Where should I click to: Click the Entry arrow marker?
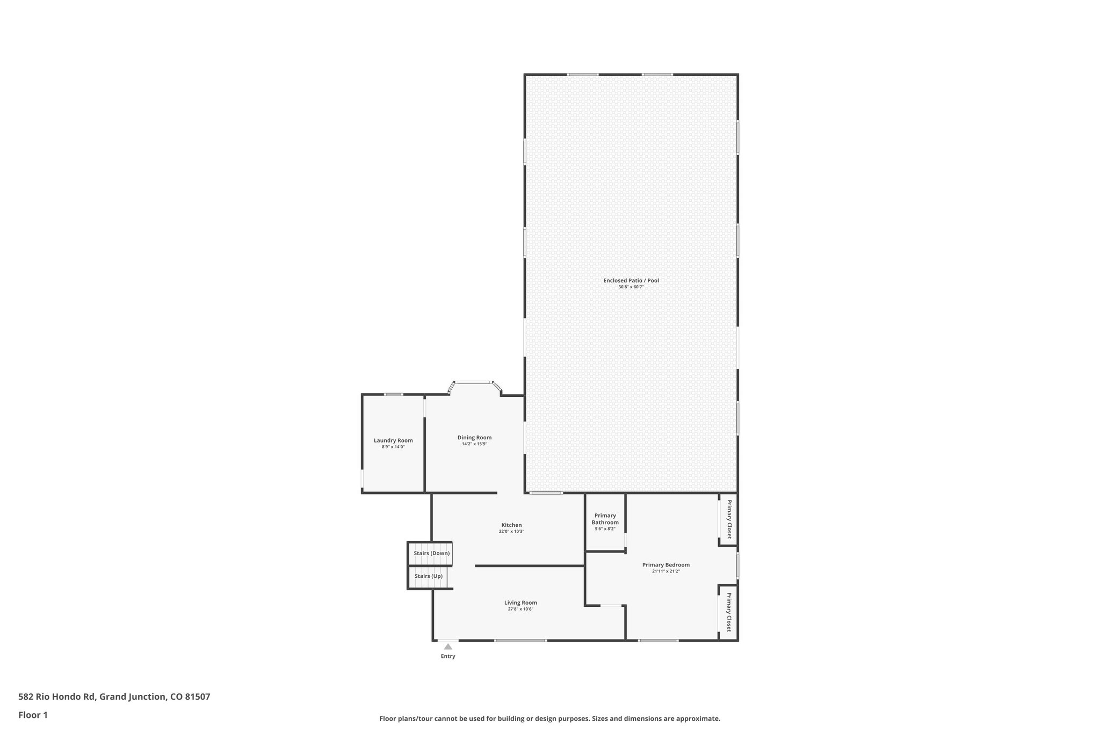pyautogui.click(x=448, y=647)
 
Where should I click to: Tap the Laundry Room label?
pyautogui.click(x=393, y=440)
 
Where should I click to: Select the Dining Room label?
pyautogui.click(x=474, y=437)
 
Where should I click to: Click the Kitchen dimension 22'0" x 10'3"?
pyautogui.click(x=511, y=532)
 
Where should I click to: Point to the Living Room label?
pyautogui.click(x=520, y=603)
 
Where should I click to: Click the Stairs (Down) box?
pyautogui.click(x=431, y=553)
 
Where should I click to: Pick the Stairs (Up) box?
pyautogui.click(x=428, y=576)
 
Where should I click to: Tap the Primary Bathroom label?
pyautogui.click(x=605, y=519)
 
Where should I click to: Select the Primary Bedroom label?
pyautogui.click(x=665, y=564)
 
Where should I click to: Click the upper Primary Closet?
pyautogui.click(x=729, y=519)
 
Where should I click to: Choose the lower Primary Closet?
pyautogui.click(x=729, y=612)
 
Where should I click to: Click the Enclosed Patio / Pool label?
pyautogui.click(x=631, y=280)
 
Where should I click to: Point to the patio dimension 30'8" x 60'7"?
pyautogui.click(x=631, y=287)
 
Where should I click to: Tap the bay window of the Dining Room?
pyautogui.click(x=474, y=382)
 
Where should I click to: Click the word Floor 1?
pyautogui.click(x=33, y=715)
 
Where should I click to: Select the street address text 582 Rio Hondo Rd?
pyautogui.click(x=57, y=697)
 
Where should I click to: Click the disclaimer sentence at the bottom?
pyautogui.click(x=549, y=719)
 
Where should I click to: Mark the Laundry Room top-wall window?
pyautogui.click(x=393, y=395)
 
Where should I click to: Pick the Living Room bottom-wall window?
pyautogui.click(x=520, y=640)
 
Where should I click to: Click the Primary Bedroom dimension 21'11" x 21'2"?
pyautogui.click(x=665, y=571)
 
